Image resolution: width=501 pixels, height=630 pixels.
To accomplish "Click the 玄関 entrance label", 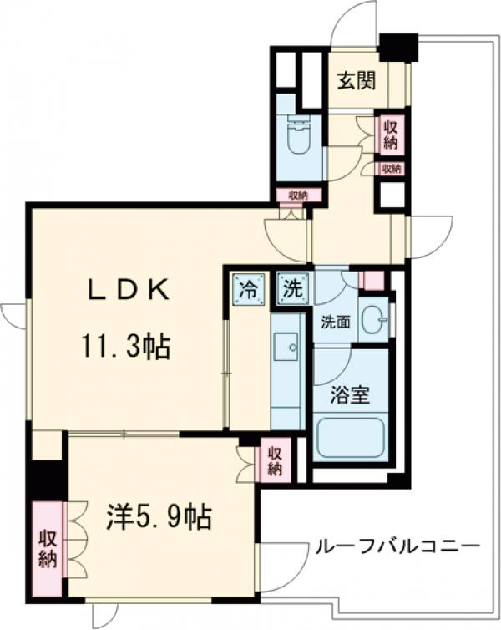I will tap(356, 81).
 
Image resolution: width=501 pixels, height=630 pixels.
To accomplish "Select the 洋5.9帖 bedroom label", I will tap(158, 518).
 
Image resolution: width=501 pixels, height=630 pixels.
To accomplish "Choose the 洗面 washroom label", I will tap(336, 321).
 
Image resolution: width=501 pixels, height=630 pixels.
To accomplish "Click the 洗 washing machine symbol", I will tap(293, 290).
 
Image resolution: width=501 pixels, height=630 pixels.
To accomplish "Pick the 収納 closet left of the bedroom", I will tap(47, 547).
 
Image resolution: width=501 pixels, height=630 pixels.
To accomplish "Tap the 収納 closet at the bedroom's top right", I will tap(274, 459).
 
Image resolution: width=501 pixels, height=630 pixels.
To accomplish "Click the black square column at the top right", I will tap(397, 47).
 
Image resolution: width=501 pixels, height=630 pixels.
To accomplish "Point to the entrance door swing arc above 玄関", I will tap(352, 25).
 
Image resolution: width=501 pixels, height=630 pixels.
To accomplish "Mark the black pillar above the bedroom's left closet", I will tap(47, 478).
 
